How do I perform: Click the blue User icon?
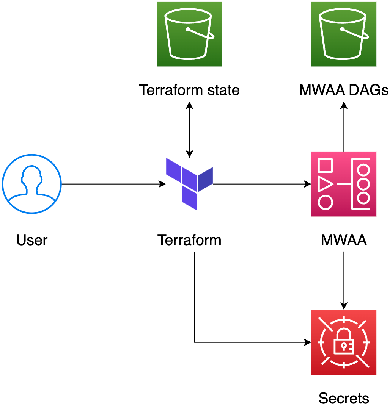click(x=31, y=184)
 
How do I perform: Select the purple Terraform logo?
click(x=189, y=184)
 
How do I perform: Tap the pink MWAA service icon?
click(x=344, y=184)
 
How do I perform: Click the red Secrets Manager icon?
click(x=344, y=342)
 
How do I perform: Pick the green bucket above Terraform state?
click(x=189, y=34)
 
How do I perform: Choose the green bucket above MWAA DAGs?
click(x=344, y=34)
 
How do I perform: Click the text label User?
click(x=32, y=240)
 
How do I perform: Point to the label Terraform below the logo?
click(x=189, y=240)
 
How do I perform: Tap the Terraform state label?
click(x=189, y=90)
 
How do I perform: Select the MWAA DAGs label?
click(x=344, y=90)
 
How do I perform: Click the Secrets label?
click(x=344, y=398)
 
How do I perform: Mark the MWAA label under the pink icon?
click(x=344, y=240)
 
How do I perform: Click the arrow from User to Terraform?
click(x=114, y=184)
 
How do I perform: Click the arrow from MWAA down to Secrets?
click(x=344, y=280)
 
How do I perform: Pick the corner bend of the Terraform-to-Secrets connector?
click(x=195, y=342)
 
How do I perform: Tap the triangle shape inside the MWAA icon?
click(x=325, y=184)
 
